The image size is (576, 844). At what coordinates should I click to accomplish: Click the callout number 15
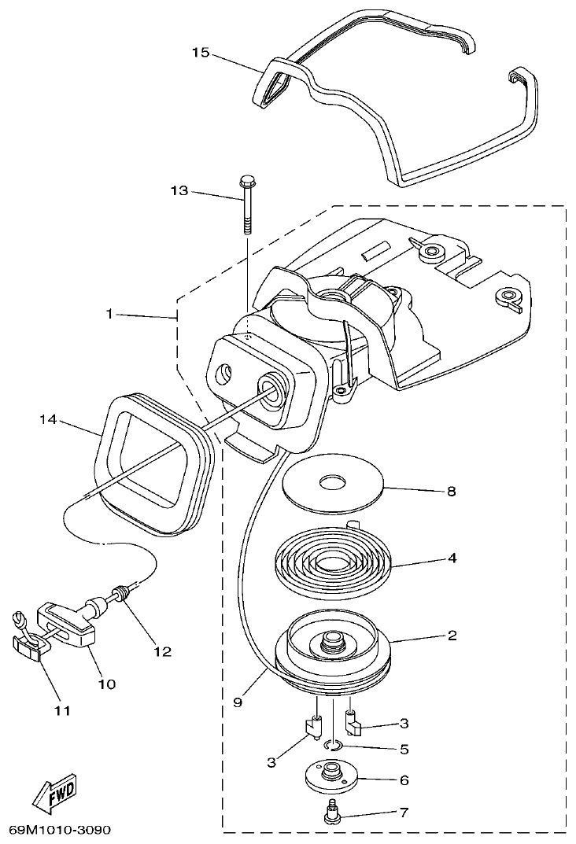coord(200,53)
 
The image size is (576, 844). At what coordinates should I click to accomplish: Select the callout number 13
coord(179,191)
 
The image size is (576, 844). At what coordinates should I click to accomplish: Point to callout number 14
coord(49,420)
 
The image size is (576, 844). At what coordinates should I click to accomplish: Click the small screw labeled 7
coord(332,815)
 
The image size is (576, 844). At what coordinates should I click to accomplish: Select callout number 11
coord(62,710)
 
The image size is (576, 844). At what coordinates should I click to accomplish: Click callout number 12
coord(162,651)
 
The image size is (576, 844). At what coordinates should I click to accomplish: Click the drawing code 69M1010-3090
coord(60,830)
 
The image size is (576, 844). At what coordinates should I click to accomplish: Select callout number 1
coord(111,314)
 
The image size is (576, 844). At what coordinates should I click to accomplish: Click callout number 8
coord(451,492)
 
